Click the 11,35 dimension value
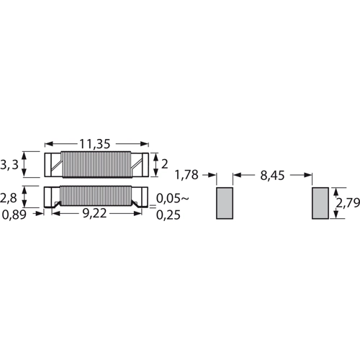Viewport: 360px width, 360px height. tap(94, 144)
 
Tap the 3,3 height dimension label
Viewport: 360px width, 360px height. tap(9, 165)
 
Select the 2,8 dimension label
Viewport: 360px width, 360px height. tap(9, 198)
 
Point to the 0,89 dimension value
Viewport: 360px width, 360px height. tap(14, 215)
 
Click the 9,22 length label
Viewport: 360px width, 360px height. tap(94, 213)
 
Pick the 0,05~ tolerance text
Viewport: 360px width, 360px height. tap(173, 199)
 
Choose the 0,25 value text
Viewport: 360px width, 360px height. tap(168, 215)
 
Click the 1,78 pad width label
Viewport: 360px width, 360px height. tap(186, 175)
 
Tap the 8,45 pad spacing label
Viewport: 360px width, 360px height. tap(272, 176)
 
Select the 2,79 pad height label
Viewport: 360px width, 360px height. tap(348, 203)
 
